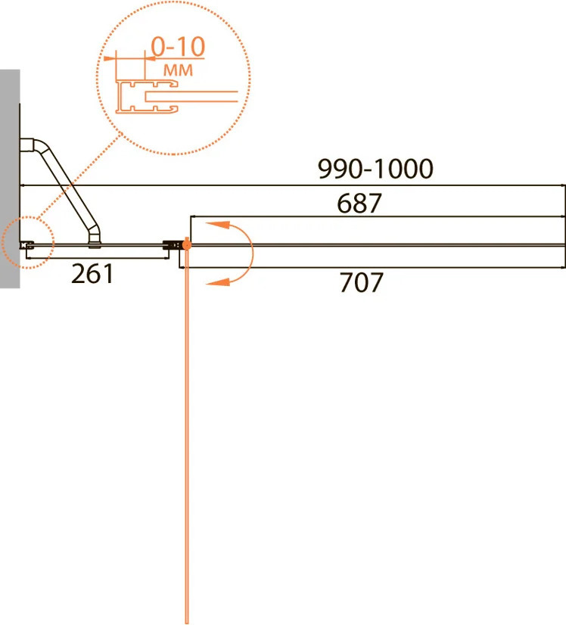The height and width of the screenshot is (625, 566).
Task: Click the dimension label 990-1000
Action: pos(375,169)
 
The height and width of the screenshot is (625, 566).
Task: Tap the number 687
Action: pos(359,204)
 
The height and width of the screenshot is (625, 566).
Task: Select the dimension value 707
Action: pos(361,282)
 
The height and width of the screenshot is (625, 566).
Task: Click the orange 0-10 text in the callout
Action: pos(178,47)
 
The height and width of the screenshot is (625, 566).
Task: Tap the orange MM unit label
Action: pos(178,70)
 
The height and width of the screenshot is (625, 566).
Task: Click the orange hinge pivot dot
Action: pos(186,244)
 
